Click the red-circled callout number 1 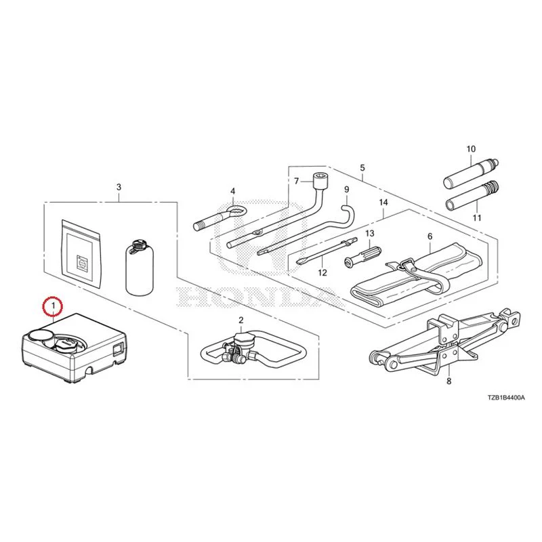point(53,306)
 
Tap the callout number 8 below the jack point(449,381)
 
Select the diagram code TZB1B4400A point(506,398)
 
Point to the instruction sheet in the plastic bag point(81,254)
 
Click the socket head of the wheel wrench point(320,180)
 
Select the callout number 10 point(471,149)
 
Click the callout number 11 point(477,217)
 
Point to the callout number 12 point(322,273)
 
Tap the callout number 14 point(383,202)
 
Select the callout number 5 point(362,168)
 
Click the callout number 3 point(119,188)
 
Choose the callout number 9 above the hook point(347,190)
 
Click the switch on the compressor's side point(117,348)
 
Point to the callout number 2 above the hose point(241,320)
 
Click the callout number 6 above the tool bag point(430,236)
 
